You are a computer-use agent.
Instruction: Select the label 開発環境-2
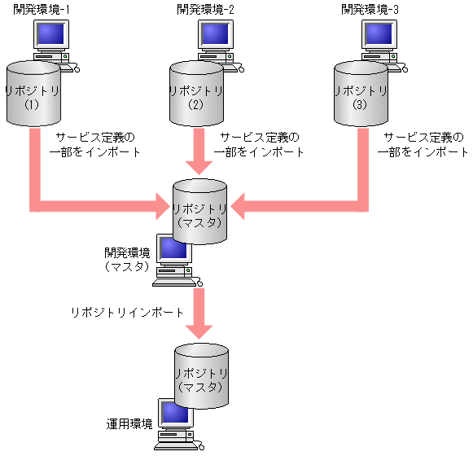[x=204, y=9]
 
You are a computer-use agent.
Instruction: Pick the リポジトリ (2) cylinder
[x=195, y=94]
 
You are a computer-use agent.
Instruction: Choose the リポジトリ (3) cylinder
[x=361, y=94]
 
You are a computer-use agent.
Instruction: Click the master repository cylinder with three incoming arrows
[x=199, y=210]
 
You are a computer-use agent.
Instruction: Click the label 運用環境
[x=129, y=424]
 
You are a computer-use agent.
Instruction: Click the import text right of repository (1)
[x=96, y=144]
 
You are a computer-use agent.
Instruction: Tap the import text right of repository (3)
[x=424, y=144]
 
